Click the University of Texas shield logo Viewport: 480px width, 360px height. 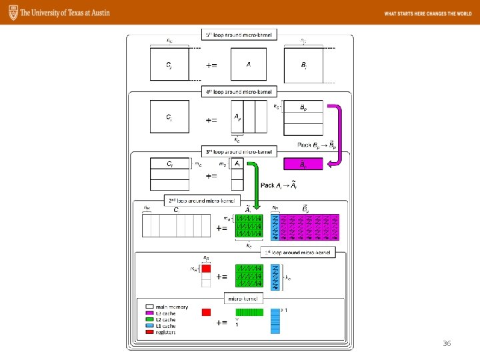[x=11, y=13]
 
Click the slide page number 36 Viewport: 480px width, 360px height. [x=447, y=343]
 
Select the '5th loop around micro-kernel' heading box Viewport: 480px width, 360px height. [x=240, y=35]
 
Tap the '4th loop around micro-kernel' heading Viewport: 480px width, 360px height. [x=240, y=92]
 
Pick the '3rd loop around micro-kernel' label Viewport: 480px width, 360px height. [x=240, y=151]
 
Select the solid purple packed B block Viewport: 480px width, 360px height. [x=303, y=163]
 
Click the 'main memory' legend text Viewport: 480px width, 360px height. [x=172, y=307]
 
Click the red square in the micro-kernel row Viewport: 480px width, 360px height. [x=206, y=312]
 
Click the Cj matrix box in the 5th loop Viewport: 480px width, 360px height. [x=169, y=65]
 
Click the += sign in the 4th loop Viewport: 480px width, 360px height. [x=211, y=121]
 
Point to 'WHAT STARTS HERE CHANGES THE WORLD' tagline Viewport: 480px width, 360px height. [x=427, y=13]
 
